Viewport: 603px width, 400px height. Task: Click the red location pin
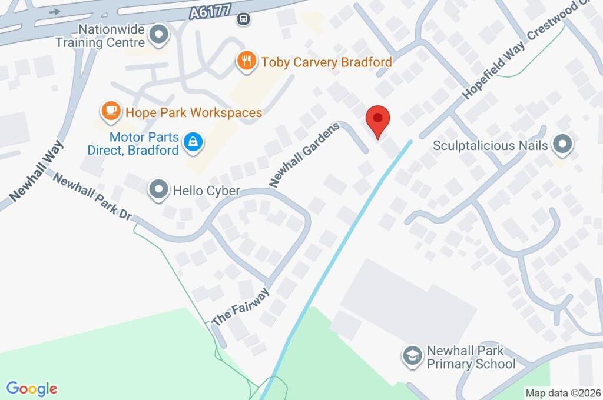click(378, 120)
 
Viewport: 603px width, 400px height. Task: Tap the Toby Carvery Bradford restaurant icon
click(247, 60)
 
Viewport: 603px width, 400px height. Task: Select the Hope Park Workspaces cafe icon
click(110, 111)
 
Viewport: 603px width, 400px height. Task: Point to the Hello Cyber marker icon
click(158, 191)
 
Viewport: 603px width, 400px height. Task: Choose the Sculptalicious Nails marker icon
click(563, 145)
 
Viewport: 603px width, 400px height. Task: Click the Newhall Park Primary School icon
click(412, 355)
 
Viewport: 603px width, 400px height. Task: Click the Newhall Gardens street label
click(305, 155)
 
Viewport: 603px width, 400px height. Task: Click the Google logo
click(32, 389)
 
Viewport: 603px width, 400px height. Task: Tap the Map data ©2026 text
click(562, 393)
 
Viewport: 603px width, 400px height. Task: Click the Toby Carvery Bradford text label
click(327, 62)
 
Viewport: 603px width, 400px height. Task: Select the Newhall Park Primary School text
click(471, 357)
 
